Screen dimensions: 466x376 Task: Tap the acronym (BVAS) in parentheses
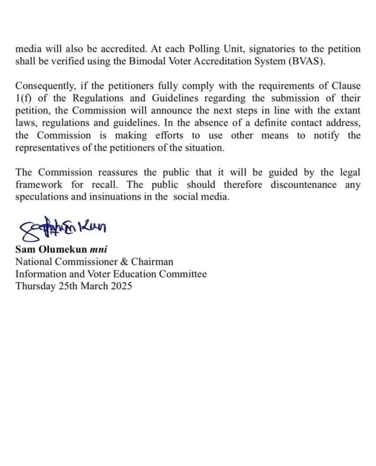[x=307, y=61]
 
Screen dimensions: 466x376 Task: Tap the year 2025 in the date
[x=122, y=286]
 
